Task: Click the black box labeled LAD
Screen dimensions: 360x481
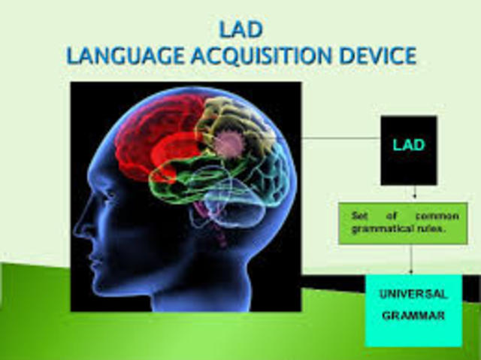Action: [408, 150]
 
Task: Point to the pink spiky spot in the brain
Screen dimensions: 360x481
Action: [228, 143]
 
